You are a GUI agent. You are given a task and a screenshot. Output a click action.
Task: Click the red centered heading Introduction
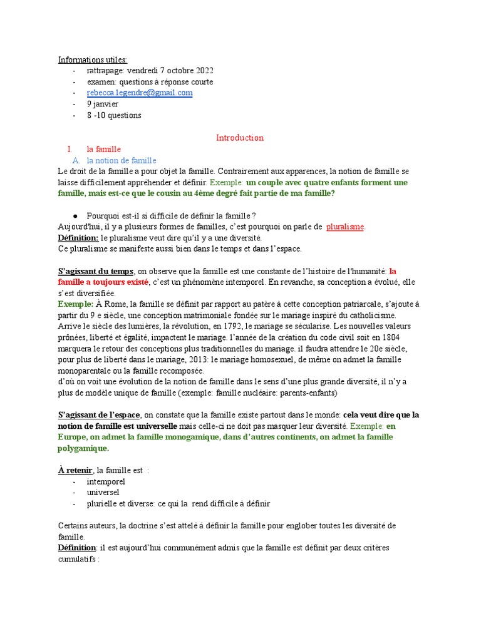[x=240, y=138]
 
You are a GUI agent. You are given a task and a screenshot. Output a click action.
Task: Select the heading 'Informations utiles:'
[x=93, y=59]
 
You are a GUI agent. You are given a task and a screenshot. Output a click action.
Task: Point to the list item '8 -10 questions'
[x=114, y=115]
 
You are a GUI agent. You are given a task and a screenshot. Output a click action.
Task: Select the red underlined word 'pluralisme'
[x=345, y=227]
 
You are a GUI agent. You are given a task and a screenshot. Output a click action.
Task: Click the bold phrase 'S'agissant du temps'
[x=96, y=271]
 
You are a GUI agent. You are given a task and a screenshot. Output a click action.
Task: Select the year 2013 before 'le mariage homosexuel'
[x=194, y=359]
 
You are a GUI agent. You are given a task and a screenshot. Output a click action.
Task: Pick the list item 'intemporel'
[x=106, y=481]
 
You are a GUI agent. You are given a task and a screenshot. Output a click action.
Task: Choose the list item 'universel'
[x=103, y=493]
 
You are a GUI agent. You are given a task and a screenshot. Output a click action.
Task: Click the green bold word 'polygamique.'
[x=83, y=448]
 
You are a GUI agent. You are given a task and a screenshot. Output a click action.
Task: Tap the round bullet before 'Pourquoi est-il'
[x=75, y=215]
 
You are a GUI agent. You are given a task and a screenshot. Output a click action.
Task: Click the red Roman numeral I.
[x=70, y=149]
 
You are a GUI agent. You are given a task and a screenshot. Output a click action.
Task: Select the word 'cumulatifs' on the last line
[x=78, y=559]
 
